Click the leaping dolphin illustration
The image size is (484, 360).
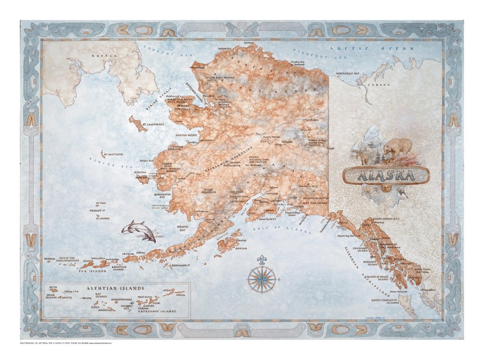tap(138, 231)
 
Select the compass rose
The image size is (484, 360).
tap(262, 279)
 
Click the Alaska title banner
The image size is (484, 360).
tap(386, 176)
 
